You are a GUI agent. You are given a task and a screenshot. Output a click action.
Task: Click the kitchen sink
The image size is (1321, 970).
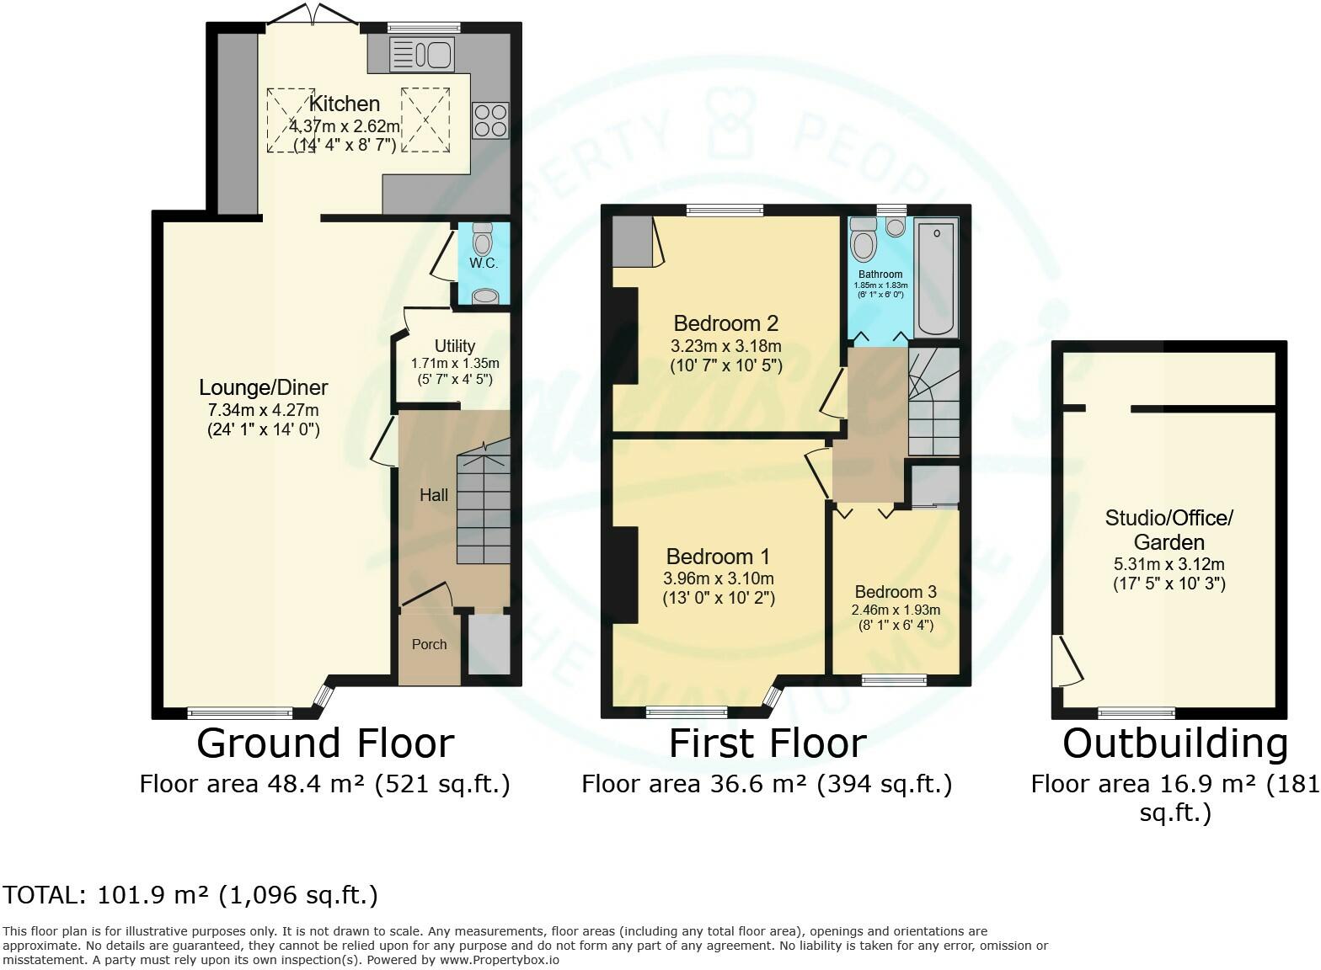(x=421, y=54)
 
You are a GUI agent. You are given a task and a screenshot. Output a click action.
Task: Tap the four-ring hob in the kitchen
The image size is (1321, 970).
(x=490, y=120)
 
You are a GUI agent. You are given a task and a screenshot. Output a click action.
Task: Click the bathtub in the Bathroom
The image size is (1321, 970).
(x=936, y=278)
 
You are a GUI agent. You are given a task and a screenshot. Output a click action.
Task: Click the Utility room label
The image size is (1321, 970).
(x=455, y=346)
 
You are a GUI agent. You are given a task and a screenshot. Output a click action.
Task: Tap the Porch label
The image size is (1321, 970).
(x=430, y=644)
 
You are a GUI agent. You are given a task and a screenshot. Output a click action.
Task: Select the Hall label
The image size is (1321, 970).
(x=434, y=495)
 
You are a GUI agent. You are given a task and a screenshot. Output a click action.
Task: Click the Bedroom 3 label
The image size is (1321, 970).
(x=896, y=592)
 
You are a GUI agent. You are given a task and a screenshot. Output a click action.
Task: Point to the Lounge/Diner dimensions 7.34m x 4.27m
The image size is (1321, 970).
(x=264, y=410)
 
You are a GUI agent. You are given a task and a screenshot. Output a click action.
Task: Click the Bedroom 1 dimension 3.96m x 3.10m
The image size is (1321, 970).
(x=719, y=578)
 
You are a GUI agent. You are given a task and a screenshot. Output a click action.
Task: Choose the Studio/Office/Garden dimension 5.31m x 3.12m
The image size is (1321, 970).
(x=1169, y=564)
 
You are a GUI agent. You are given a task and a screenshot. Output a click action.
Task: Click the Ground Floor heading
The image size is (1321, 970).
(x=325, y=743)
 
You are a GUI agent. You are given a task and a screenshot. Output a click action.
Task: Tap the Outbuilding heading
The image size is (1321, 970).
(x=1175, y=743)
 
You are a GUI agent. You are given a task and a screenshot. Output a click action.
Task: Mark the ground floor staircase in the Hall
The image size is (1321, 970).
(x=484, y=502)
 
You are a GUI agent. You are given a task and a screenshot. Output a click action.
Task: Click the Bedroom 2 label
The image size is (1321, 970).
(x=726, y=323)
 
